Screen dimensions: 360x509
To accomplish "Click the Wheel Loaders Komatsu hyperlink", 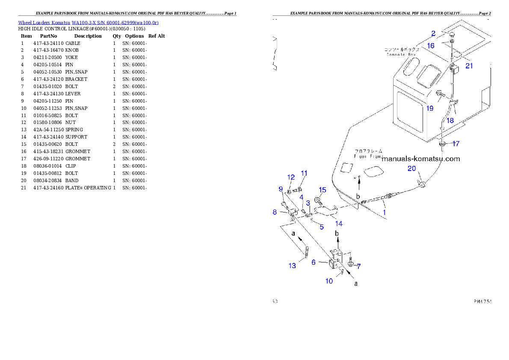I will pyautogui.click(x=88, y=23).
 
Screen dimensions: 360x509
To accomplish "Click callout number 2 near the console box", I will pyautogui.click(x=433, y=33).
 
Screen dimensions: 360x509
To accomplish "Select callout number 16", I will pyautogui.click(x=431, y=45).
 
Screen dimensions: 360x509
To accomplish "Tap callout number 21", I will pyautogui.click(x=469, y=65).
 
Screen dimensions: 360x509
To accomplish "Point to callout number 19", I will pyautogui.click(x=430, y=108).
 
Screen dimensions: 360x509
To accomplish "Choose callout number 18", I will pyautogui.click(x=450, y=121).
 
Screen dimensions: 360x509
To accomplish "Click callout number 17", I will pyautogui.click(x=456, y=144).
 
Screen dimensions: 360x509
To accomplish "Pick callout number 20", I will pyautogui.click(x=411, y=169).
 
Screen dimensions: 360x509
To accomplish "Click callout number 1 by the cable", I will pyautogui.click(x=384, y=212).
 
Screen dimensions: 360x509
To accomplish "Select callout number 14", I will pyautogui.click(x=339, y=223).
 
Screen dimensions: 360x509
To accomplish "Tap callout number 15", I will pyautogui.click(x=323, y=190).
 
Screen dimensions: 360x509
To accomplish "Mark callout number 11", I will pyautogui.click(x=304, y=173).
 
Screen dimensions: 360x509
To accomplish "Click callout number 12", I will pyautogui.click(x=291, y=177).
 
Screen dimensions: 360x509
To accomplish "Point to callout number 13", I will pyautogui.click(x=292, y=266).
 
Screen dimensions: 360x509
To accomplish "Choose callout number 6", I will pyautogui.click(x=314, y=262).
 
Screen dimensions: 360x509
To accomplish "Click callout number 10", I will pyautogui.click(x=329, y=281).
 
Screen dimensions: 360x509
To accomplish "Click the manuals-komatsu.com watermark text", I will pyautogui.click(x=421, y=159).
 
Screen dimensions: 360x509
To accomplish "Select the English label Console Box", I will pyautogui.click(x=401, y=55).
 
